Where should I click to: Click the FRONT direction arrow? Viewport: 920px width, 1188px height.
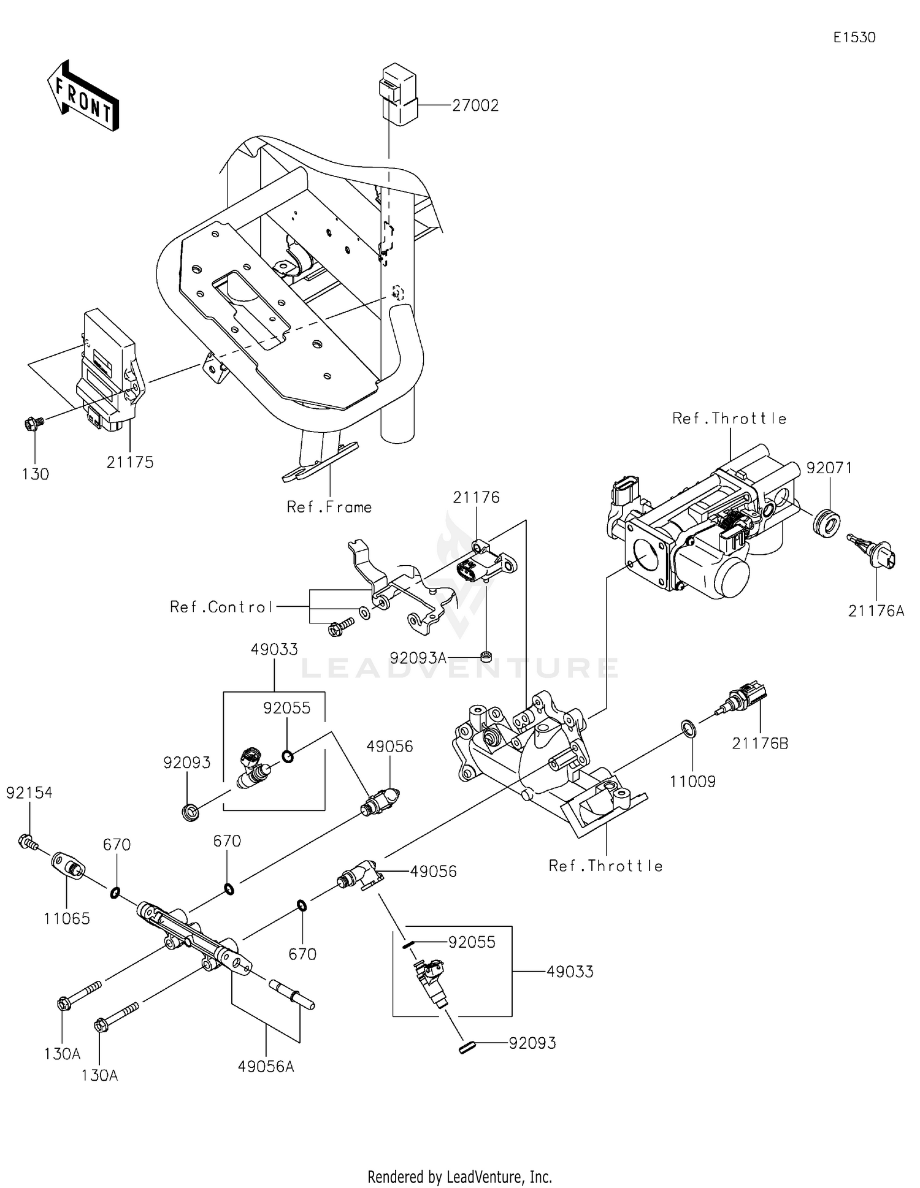[x=83, y=96]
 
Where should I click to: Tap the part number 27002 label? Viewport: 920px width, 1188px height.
[x=475, y=105]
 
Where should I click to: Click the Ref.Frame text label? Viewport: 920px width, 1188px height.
[x=329, y=507]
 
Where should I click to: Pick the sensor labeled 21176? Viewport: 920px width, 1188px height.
[x=488, y=561]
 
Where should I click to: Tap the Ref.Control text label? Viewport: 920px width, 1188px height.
[x=221, y=607]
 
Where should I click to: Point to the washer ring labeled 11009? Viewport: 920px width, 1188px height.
[x=689, y=728]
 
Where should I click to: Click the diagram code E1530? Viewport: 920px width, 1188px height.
[x=854, y=37]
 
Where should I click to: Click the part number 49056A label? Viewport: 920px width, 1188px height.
[x=266, y=1067]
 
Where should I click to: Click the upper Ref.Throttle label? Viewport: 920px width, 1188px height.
[x=729, y=419]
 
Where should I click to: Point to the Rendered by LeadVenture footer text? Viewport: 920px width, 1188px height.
[x=459, y=1176]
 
